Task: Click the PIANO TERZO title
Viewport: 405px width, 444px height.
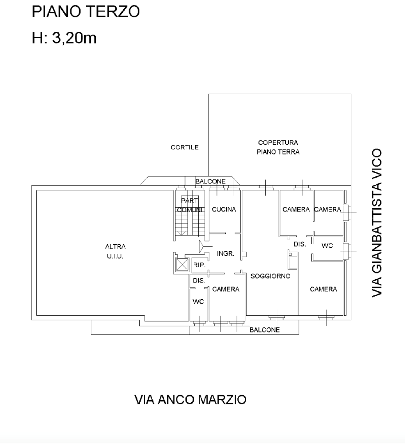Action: tap(86, 12)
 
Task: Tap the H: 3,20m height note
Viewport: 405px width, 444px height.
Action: tap(64, 37)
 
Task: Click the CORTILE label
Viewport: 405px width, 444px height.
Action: tap(185, 147)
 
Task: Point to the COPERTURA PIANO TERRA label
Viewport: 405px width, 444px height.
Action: tap(278, 147)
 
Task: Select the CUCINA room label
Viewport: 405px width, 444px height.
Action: tap(224, 209)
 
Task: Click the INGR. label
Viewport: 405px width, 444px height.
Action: tap(226, 254)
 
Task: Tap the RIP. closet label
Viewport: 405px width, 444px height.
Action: tap(199, 265)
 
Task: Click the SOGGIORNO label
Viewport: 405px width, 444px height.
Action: tap(271, 276)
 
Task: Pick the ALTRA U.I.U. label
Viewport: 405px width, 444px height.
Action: tap(115, 251)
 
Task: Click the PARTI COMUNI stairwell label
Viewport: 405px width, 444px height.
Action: tap(190, 205)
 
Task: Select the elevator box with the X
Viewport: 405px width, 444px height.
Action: tap(181, 265)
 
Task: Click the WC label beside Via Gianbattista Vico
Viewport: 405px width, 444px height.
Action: tap(327, 246)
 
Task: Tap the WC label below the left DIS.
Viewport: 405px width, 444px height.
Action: tap(198, 301)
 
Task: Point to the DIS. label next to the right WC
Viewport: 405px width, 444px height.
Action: tap(300, 244)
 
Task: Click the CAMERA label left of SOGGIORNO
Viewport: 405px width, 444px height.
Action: tap(226, 289)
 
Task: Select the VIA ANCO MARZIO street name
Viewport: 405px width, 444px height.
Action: tap(190, 400)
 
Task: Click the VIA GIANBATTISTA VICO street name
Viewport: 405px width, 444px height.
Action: tap(377, 223)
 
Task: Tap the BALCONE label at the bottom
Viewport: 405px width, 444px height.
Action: tap(265, 329)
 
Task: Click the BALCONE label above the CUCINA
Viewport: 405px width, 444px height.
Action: tap(211, 181)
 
